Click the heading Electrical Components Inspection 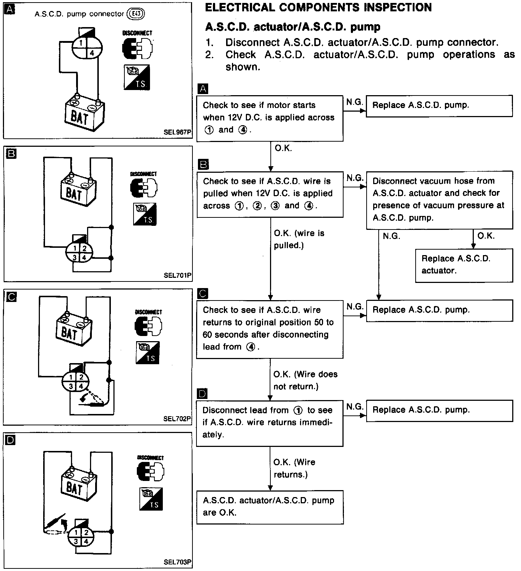pos(318,8)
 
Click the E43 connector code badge pos(135,14)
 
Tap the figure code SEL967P pos(178,133)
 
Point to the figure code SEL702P pos(178,419)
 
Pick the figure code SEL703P pos(178,562)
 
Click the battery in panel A pos(83,113)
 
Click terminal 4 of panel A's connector pos(92,53)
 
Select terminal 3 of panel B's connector pos(75,258)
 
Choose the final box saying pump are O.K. pos(270,507)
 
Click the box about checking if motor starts pos(270,118)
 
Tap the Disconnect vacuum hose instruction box pos(439,199)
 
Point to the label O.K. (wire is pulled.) pos(299,239)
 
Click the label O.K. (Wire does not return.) pos(305,380)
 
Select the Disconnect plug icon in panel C pos(149,326)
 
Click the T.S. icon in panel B pos(145,214)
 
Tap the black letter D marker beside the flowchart pos(202,394)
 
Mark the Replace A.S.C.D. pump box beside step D pos(439,410)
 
